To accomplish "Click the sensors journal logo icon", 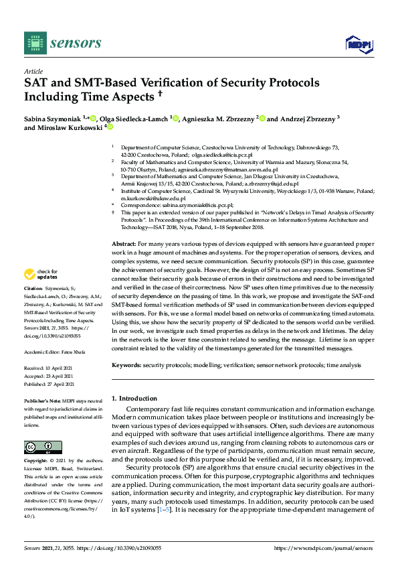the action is point(33,43).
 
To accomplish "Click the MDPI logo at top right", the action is point(358,44).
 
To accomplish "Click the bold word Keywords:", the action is point(126,365).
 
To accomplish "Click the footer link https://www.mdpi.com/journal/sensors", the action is point(324,547).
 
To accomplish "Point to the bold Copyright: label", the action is point(36,462).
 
